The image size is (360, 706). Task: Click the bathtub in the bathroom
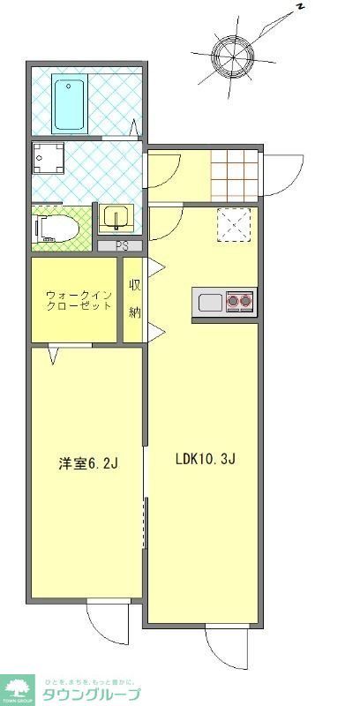[x=68, y=103]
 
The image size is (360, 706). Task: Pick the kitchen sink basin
[x=210, y=303]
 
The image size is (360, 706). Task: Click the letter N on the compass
[x=300, y=7]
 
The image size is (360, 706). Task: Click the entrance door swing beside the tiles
[x=282, y=174]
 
